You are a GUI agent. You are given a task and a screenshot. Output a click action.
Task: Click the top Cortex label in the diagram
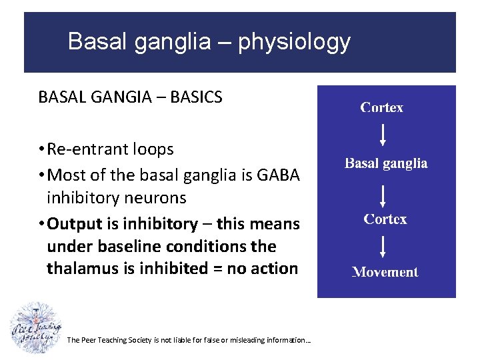382,107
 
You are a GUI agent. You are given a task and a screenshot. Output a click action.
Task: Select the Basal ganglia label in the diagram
386,163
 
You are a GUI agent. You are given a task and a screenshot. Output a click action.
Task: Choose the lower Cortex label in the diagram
385,219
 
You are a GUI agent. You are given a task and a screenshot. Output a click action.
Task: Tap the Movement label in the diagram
385,272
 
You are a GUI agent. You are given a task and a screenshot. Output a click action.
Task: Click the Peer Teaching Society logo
35,328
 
